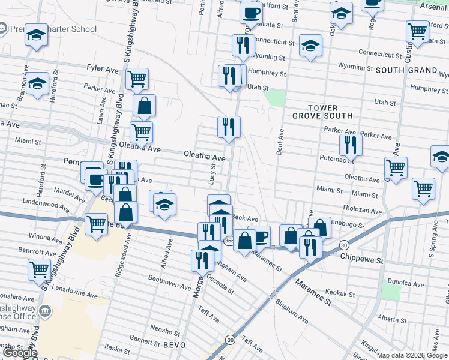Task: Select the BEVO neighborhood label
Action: (x=174, y=345)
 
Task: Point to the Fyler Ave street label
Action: (x=103, y=70)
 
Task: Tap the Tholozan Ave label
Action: (x=361, y=211)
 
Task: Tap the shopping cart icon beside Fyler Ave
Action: (x=137, y=77)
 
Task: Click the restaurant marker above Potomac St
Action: (x=350, y=144)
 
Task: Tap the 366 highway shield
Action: (x=230, y=241)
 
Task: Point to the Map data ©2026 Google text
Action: (x=412, y=355)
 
